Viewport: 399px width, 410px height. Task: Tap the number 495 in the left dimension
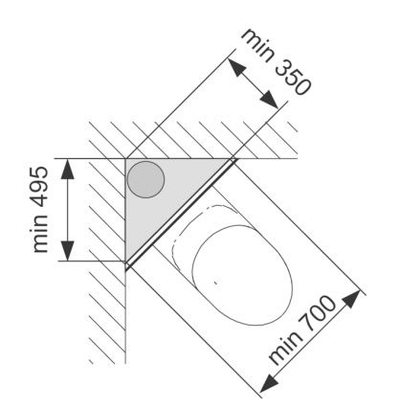tap(40, 187)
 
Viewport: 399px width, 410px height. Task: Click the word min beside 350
tap(257, 43)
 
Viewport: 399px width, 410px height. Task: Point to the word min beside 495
tap(40, 234)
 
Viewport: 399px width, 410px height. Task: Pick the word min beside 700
tap(285, 348)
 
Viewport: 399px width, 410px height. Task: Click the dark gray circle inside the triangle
tap(145, 179)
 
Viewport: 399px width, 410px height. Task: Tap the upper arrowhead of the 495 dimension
tap(68, 169)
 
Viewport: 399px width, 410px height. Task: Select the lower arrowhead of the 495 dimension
tap(68, 251)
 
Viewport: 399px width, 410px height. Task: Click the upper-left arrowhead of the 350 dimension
tap(236, 66)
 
